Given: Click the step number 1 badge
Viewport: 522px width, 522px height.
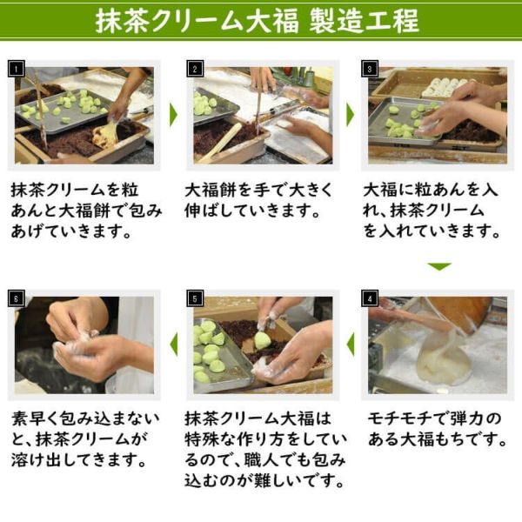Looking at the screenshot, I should pyautogui.click(x=20, y=68).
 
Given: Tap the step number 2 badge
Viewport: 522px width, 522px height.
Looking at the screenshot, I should pyautogui.click(x=195, y=68).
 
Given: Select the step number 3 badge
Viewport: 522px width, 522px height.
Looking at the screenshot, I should pyautogui.click(x=370, y=68).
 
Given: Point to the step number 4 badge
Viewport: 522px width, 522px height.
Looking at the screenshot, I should pyautogui.click(x=370, y=298).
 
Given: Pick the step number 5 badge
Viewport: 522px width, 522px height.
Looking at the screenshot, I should pyautogui.click(x=195, y=298).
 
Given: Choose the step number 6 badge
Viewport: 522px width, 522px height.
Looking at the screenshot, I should pyautogui.click(x=20, y=298).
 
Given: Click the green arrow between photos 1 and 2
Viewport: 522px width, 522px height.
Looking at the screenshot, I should pyautogui.click(x=173, y=114).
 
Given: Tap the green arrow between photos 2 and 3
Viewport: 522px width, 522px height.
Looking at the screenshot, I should pyautogui.click(x=349, y=114).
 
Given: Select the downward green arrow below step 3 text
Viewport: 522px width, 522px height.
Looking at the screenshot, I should pyautogui.click(x=439, y=267).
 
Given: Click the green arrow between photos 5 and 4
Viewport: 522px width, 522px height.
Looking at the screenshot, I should pyautogui.click(x=350, y=345).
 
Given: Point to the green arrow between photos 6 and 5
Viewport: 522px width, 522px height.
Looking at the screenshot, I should pyautogui.click(x=173, y=345).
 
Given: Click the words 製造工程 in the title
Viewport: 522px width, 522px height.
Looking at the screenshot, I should pyautogui.click(x=365, y=20).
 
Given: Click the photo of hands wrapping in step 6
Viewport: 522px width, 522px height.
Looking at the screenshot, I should pyautogui.click(x=85, y=345).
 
